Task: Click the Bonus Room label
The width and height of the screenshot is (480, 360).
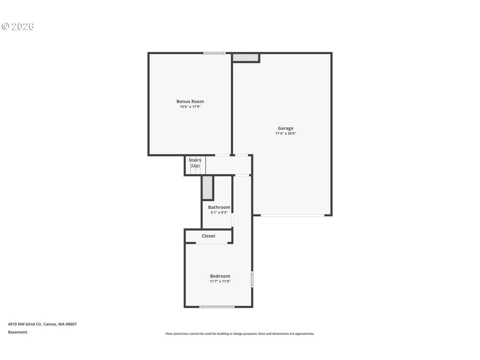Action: pos(190,101)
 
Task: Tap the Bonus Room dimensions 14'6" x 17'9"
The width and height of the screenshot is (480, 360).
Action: pos(190,107)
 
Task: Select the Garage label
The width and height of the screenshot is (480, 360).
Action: pos(286,128)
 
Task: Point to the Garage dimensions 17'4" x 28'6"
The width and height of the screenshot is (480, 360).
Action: pos(286,134)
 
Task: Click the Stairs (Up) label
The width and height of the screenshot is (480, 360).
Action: pos(195,163)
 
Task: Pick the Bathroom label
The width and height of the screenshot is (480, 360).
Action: pos(219,207)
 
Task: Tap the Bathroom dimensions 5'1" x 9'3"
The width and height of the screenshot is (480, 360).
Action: pos(219,213)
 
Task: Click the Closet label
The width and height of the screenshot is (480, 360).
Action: pos(208,236)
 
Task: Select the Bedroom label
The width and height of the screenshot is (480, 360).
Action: pos(220,276)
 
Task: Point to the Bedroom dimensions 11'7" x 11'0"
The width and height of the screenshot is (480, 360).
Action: pos(220,281)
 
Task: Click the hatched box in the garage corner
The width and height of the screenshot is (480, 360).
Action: pos(246,57)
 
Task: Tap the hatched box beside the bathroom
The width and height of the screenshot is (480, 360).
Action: pos(207,188)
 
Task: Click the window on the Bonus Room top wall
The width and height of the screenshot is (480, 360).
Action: pos(215,53)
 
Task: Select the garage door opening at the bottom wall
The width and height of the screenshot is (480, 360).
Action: pos(292,215)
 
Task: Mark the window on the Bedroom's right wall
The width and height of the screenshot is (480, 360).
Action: pos(252,279)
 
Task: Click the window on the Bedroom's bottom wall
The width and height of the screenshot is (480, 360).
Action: pos(217,307)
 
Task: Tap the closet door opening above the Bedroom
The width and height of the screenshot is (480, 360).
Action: pos(212,243)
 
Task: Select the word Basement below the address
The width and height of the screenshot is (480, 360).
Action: pos(18,332)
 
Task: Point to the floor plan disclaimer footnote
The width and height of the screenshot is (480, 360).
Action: pos(240,334)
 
